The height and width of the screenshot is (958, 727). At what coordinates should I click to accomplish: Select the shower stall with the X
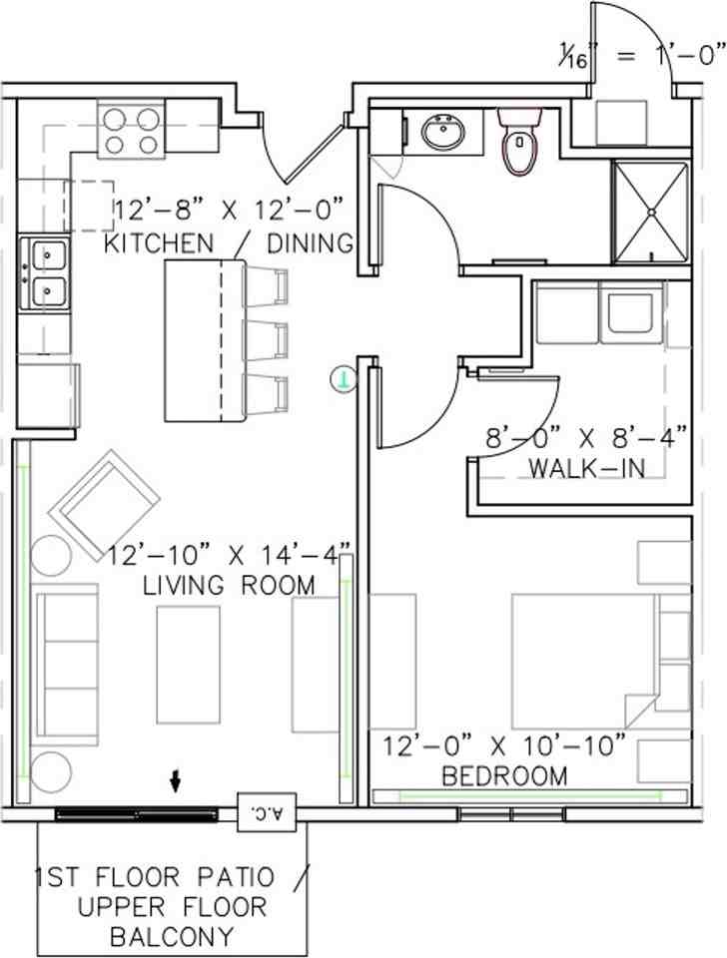(x=650, y=212)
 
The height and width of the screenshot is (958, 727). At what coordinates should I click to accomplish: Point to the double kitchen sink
(x=46, y=273)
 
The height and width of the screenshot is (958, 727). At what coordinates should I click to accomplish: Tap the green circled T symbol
(x=344, y=378)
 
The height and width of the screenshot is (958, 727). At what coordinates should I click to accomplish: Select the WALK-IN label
(x=586, y=466)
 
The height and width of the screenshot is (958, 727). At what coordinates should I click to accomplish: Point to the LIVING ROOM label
(x=229, y=584)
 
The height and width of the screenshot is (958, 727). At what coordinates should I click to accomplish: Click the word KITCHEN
(x=159, y=242)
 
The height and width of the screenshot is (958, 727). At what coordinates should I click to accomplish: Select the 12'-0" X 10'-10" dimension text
(x=505, y=743)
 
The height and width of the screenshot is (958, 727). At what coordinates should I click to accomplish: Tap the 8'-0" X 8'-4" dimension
(x=586, y=436)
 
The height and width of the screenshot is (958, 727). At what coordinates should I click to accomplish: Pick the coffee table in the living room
(x=189, y=664)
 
